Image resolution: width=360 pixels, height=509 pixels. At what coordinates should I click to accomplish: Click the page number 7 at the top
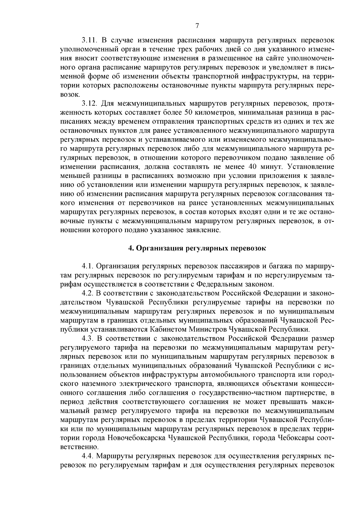197,26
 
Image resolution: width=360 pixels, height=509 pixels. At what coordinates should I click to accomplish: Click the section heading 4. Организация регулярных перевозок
197,248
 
